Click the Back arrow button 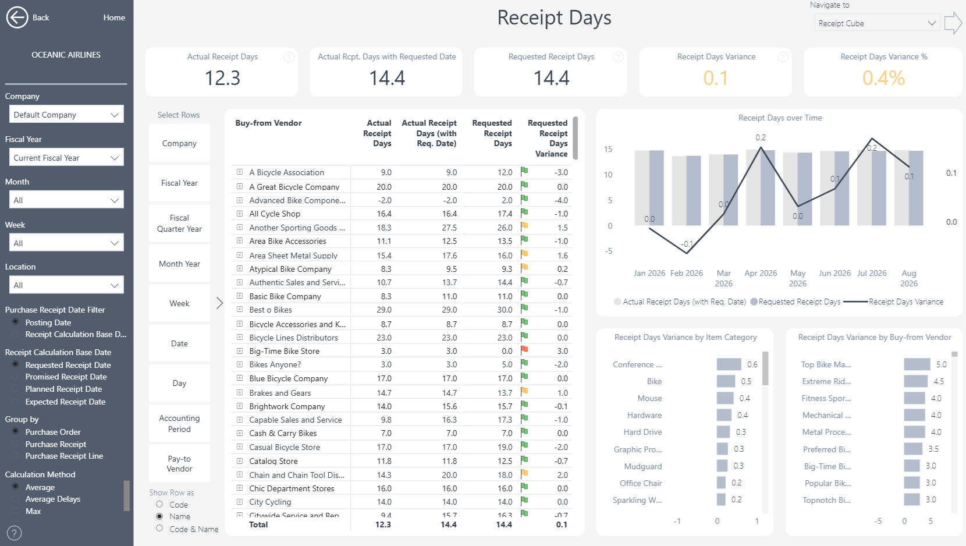[x=17, y=17]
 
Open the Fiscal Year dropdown [x=66, y=157]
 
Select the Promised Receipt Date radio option [x=16, y=377]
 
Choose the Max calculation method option [x=16, y=511]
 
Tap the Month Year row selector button [x=179, y=264]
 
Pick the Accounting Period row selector [x=179, y=424]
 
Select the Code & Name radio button [x=159, y=529]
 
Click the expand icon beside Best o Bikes [x=239, y=309]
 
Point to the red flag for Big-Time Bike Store [x=524, y=350]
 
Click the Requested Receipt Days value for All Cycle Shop [x=505, y=214]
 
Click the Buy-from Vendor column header [x=268, y=123]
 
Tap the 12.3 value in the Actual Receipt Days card [x=222, y=78]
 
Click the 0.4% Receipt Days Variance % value [x=883, y=78]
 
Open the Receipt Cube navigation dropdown [x=876, y=23]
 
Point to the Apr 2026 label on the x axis [x=761, y=273]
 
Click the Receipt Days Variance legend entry [x=893, y=302]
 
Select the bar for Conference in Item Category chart [x=729, y=364]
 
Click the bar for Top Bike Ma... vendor [x=917, y=364]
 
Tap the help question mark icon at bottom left [x=14, y=533]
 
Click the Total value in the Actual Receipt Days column [x=383, y=524]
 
